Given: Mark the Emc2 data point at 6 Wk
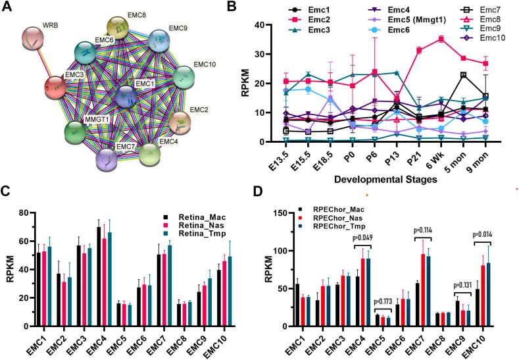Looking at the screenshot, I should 440,39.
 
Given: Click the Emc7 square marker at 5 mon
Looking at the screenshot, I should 462,75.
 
